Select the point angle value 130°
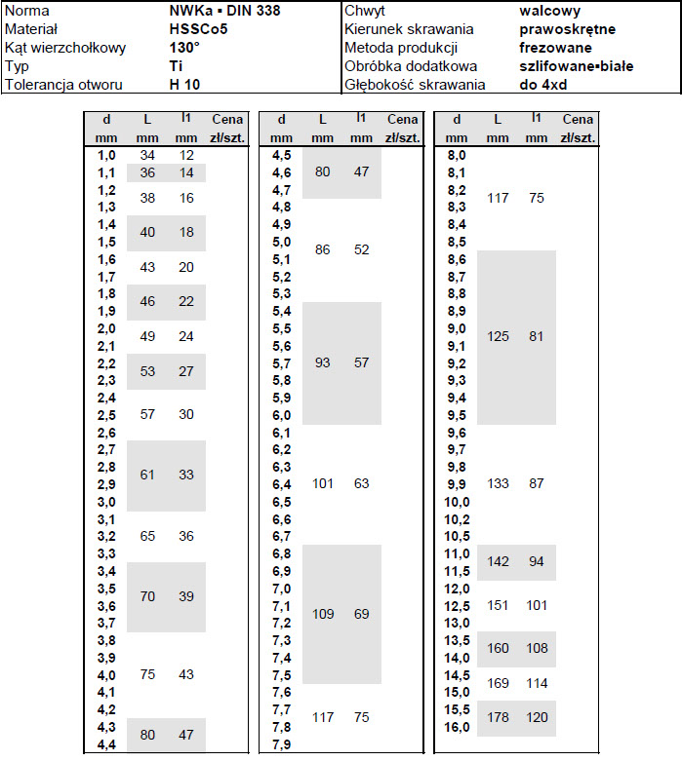tap(184, 48)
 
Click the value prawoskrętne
tap(568, 29)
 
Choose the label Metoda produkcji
tap(401, 48)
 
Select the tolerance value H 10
tap(183, 85)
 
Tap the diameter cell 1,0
tap(106, 156)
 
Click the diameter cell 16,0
tap(458, 727)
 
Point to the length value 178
tap(498, 718)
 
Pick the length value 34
tap(147, 156)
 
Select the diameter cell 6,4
tap(281, 484)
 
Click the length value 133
tap(498, 484)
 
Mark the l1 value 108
tap(537, 648)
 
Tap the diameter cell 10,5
tap(458, 536)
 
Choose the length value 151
tap(498, 605)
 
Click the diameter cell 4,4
tap(106, 744)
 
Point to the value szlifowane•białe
tap(577, 66)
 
